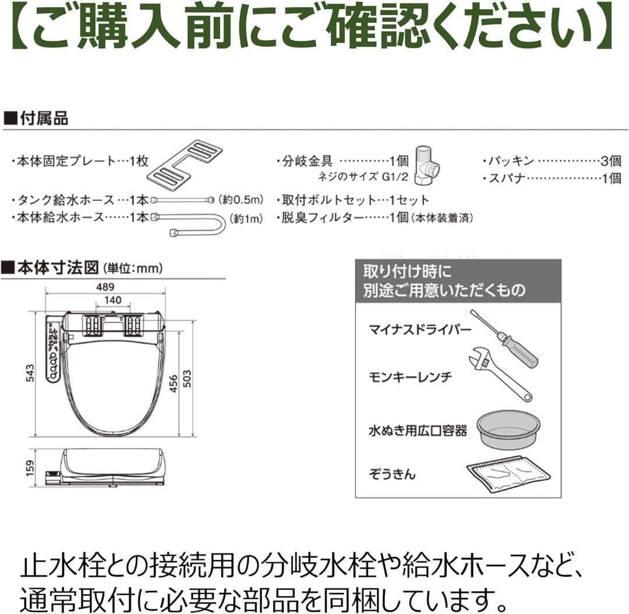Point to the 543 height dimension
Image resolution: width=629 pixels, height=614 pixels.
pos(31,373)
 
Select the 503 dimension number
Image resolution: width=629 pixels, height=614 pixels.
pos(187,380)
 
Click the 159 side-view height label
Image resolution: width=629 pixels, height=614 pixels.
pos(31,467)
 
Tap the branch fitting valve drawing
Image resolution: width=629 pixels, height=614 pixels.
pos(429,163)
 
